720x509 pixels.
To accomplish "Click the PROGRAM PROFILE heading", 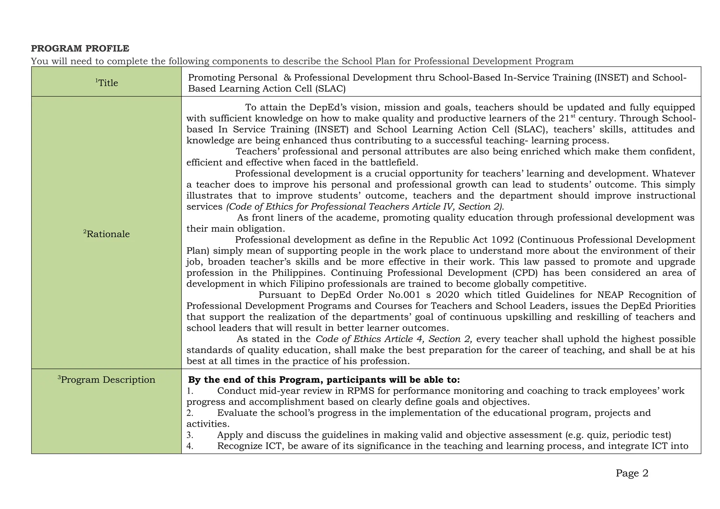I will point(80,49).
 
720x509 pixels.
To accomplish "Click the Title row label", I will point(107,83).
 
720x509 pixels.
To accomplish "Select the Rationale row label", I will point(107,234).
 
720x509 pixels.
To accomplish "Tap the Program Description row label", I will point(107,380).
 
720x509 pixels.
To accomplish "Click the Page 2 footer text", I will point(632,473).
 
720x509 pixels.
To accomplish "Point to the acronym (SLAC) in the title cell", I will point(330,89).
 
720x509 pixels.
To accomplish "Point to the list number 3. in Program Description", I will point(190,435).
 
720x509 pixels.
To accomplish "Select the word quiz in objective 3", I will point(598,435).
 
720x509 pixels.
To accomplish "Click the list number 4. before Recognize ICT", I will point(190,446).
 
